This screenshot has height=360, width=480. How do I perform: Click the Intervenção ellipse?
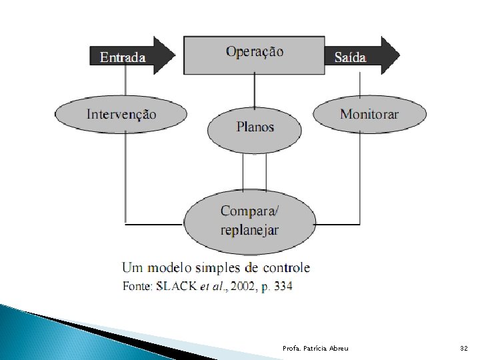pos(122,114)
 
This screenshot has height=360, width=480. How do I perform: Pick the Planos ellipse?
pos(255,127)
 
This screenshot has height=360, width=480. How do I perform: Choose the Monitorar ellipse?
pos(369,114)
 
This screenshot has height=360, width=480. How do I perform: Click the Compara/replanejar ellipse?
pos(250,221)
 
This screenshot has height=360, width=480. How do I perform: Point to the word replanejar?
pos(250,230)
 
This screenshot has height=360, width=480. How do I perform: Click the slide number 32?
pos(464,349)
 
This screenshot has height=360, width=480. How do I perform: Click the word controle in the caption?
pos(284,268)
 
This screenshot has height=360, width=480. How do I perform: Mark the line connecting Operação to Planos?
pos(254,91)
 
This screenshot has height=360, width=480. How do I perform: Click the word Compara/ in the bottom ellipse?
pos(250,211)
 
